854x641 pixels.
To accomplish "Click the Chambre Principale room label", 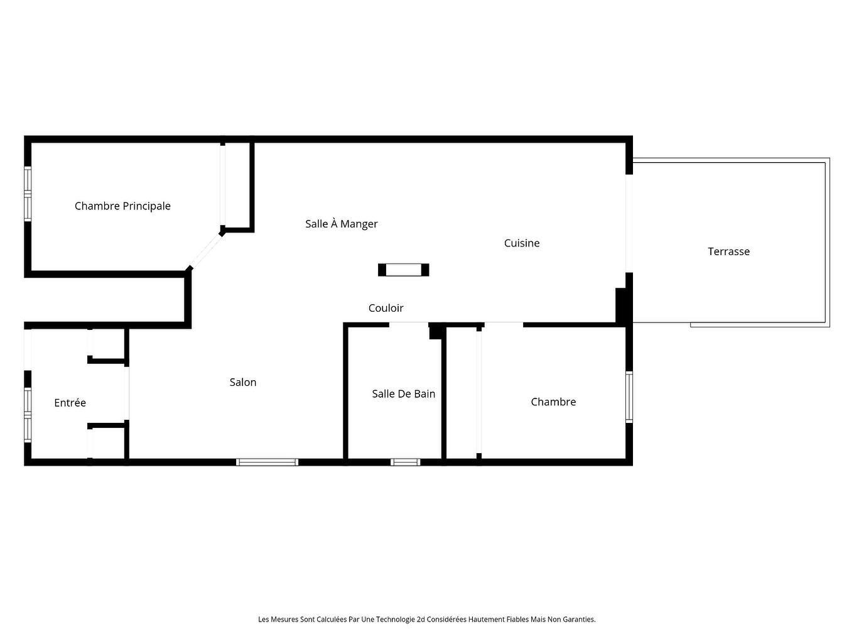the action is (x=122, y=206).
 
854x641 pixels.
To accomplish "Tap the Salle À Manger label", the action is (x=341, y=223).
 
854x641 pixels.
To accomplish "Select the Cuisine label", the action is (x=521, y=243).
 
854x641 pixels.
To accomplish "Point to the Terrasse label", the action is (x=728, y=251).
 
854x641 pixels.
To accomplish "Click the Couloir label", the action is (x=386, y=308).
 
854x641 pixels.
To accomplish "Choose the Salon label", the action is (x=243, y=382).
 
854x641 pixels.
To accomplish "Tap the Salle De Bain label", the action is (x=404, y=394).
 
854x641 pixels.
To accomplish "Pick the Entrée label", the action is (x=70, y=403).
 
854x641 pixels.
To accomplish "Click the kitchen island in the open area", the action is (x=404, y=270).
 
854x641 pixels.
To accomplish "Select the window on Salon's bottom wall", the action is (x=268, y=462).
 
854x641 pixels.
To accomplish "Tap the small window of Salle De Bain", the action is (x=406, y=462).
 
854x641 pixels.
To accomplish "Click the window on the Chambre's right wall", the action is (x=629, y=397).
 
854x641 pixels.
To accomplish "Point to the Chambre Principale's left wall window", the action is (x=28, y=194).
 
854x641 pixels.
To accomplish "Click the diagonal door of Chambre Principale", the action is (x=205, y=251).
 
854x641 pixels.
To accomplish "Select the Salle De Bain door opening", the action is (x=409, y=325).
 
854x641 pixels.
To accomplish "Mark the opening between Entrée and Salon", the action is (x=126, y=393).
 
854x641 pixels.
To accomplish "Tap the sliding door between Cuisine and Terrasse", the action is (x=629, y=223).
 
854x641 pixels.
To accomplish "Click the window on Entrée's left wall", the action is (x=28, y=415).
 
